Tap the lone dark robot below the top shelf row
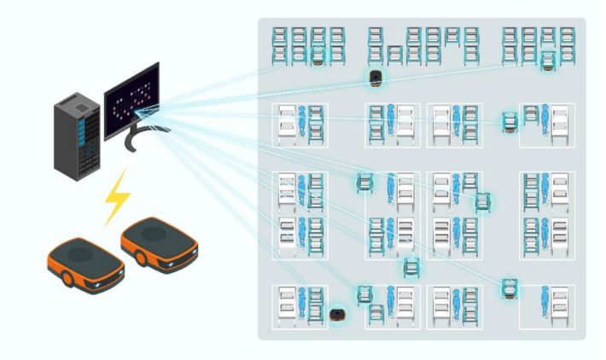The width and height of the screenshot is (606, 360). [x=375, y=78]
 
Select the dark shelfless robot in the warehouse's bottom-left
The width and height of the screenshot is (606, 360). [x=337, y=315]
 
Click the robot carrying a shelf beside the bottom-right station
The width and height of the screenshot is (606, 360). [x=510, y=289]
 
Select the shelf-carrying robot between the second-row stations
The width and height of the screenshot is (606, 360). [x=510, y=124]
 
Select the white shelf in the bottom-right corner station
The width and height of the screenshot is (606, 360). [x=560, y=303]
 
